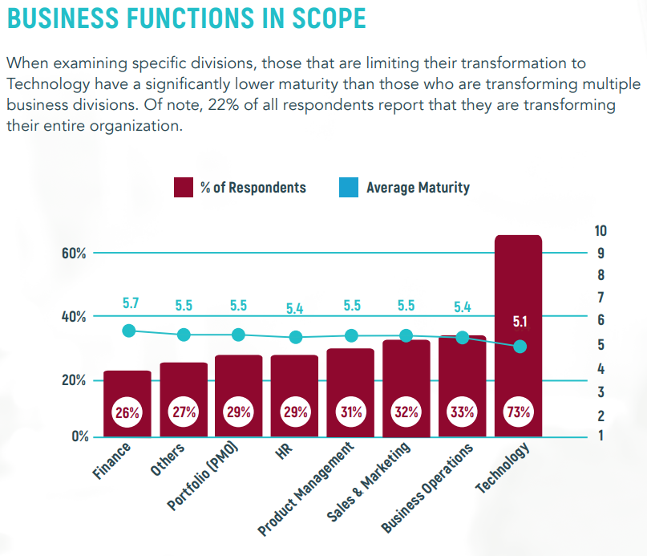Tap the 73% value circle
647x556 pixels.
click(x=519, y=413)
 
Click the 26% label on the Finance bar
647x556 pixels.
click(x=127, y=413)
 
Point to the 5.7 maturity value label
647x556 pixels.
click(x=131, y=304)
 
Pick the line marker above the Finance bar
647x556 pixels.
click(x=128, y=331)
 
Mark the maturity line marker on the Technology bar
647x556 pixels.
click(x=520, y=347)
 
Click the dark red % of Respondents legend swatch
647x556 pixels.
click(x=184, y=188)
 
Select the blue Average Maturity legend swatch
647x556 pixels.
click(x=350, y=188)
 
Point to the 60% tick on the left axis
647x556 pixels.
click(x=75, y=253)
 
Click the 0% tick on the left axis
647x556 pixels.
click(x=79, y=436)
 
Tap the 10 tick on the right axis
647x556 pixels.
click(x=600, y=231)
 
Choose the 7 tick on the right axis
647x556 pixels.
click(x=600, y=298)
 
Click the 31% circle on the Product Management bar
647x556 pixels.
click(x=350, y=413)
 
